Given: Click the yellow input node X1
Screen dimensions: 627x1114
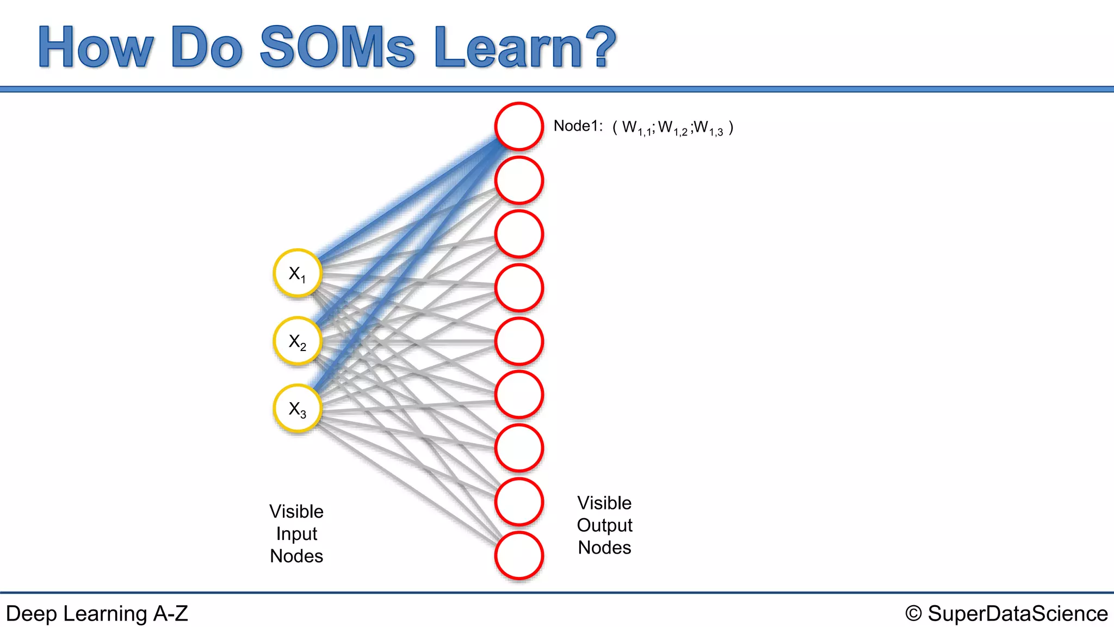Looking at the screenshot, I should (x=298, y=273).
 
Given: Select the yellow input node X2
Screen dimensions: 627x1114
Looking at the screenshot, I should (x=298, y=341).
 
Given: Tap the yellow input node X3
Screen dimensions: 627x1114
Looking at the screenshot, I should (x=298, y=409).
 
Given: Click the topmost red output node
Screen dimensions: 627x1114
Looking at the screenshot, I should (x=519, y=126).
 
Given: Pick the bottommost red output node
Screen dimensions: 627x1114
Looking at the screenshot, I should (x=519, y=556).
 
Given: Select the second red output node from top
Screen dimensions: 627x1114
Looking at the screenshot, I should (x=519, y=180).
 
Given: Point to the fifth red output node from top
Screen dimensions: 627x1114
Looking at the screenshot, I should (x=519, y=341).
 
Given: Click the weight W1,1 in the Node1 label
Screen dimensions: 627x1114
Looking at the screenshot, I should (x=636, y=128).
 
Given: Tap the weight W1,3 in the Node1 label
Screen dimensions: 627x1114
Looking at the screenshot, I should (x=708, y=128).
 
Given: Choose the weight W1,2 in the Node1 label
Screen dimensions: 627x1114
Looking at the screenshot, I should (x=672, y=128).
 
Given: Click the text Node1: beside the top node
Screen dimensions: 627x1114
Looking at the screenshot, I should (x=578, y=126).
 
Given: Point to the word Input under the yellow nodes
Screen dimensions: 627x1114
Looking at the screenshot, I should (x=296, y=534).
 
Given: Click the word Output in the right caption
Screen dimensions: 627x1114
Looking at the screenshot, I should (x=604, y=525).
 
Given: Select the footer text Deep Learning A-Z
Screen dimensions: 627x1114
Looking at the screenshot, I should (x=97, y=613).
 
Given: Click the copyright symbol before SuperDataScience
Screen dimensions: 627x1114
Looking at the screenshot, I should (x=914, y=613).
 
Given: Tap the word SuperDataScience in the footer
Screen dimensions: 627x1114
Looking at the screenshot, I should (x=1017, y=613).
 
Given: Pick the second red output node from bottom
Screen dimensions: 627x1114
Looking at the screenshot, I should (x=519, y=502).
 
